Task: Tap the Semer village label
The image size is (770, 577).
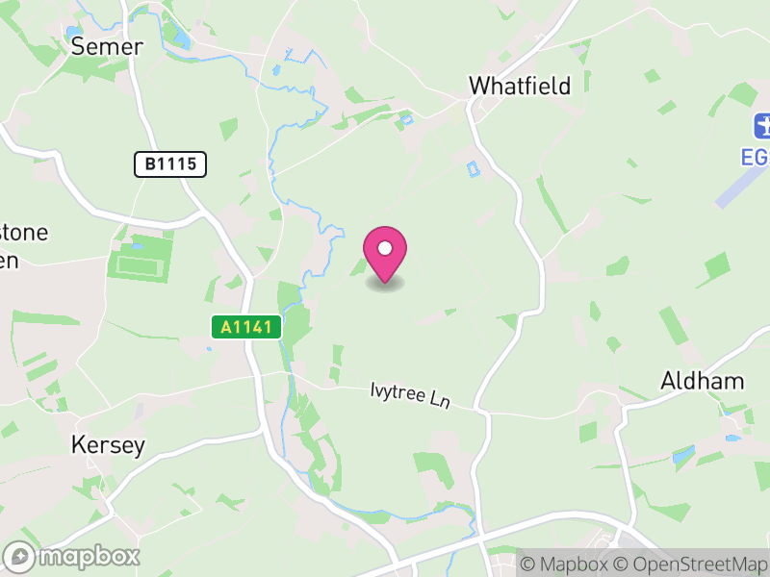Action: tap(107, 46)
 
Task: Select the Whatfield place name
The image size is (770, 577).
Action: tap(519, 86)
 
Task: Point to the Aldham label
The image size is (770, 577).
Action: tap(702, 381)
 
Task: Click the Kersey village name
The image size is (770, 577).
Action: tap(108, 445)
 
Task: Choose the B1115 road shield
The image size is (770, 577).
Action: tap(170, 164)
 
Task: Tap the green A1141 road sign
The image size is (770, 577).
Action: tap(245, 327)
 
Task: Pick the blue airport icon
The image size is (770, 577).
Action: tap(763, 125)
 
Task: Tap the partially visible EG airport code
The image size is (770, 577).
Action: tap(757, 156)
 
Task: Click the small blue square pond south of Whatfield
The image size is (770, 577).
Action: tap(472, 169)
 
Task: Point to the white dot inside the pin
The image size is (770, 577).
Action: tap(385, 248)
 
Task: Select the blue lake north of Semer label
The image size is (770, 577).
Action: tap(178, 38)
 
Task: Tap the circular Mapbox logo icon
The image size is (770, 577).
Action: tap(19, 556)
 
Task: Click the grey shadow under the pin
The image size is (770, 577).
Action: tap(385, 284)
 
